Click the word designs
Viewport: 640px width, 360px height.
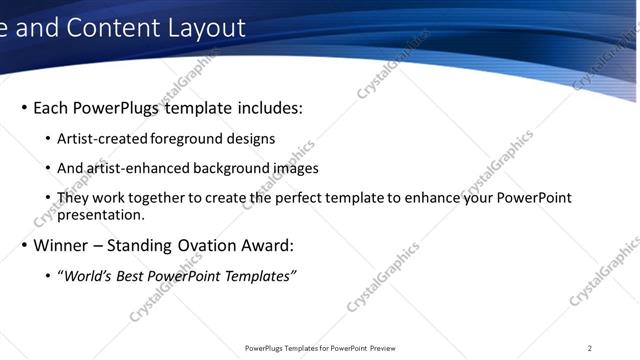coord(252,140)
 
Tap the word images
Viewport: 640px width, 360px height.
coord(295,169)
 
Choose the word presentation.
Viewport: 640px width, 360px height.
coord(101,214)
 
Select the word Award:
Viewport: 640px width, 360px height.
coord(268,245)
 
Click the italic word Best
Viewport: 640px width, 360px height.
coord(130,276)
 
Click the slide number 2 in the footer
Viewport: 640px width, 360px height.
coord(590,348)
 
